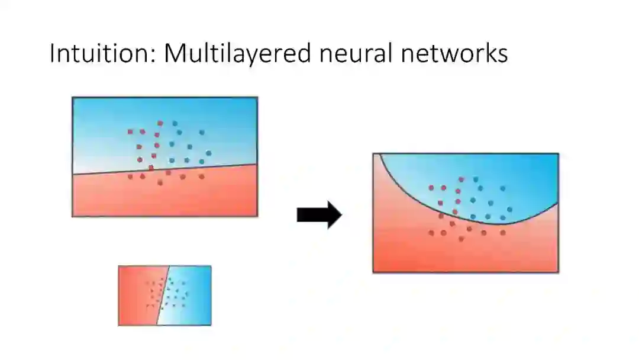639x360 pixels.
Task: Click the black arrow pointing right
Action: tap(319, 215)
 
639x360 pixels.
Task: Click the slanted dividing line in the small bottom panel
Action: tap(163, 295)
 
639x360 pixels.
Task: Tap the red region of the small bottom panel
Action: tap(133, 296)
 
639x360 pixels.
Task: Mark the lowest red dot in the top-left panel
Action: tap(160, 183)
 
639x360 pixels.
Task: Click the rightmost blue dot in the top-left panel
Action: tap(209, 153)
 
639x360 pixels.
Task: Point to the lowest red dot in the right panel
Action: tap(461, 239)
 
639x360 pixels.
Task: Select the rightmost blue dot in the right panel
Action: tap(509, 209)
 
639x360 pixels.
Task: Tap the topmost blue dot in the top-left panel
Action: tap(175, 124)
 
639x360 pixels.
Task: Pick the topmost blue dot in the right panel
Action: tap(475, 179)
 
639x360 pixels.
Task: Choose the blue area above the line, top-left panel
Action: tap(106, 124)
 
